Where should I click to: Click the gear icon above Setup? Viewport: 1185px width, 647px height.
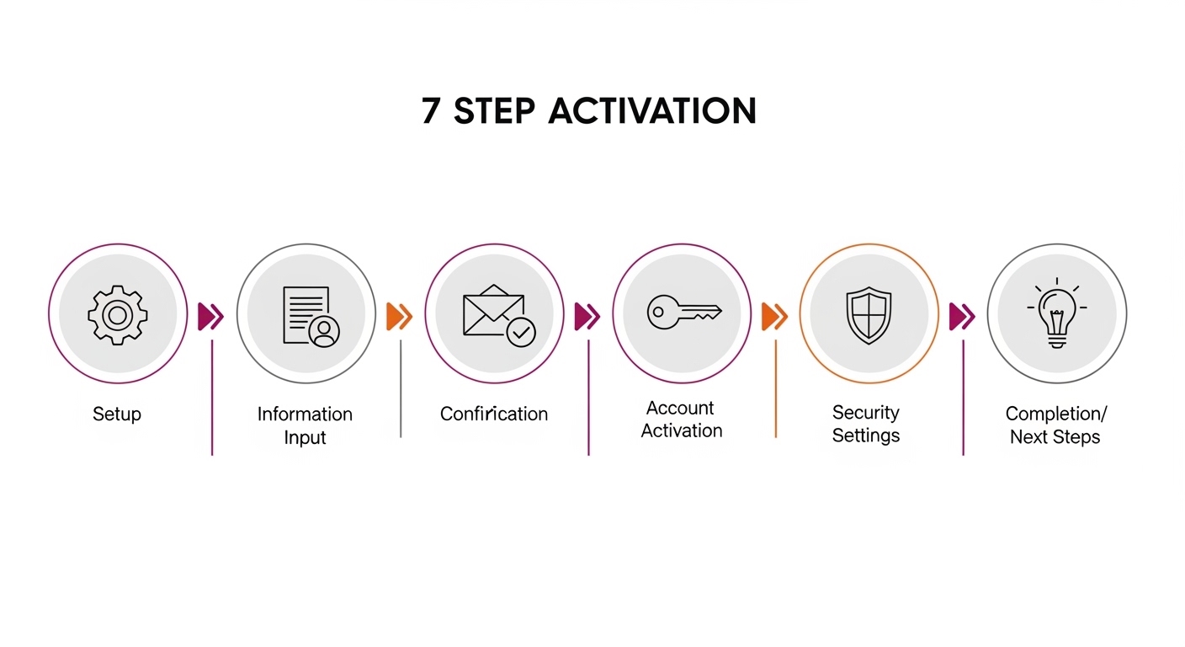click(118, 315)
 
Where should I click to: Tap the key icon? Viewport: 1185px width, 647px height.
click(683, 313)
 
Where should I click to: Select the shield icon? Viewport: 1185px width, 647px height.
click(868, 315)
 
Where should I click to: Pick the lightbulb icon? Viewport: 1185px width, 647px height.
click(1056, 315)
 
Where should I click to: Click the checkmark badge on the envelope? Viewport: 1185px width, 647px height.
click(521, 333)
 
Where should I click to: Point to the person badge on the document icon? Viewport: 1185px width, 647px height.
click(323, 331)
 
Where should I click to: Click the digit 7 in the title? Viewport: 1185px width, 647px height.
click(431, 111)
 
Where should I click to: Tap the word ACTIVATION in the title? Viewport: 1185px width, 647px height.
click(652, 111)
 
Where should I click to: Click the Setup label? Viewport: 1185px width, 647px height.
click(117, 414)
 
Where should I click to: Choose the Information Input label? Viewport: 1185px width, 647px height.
click(305, 425)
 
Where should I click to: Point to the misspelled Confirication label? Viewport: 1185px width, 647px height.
click(494, 414)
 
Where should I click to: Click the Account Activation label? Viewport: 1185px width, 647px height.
click(682, 419)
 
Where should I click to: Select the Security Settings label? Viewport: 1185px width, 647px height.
click(866, 424)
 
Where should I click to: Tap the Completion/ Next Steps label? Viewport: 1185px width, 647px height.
click(1055, 425)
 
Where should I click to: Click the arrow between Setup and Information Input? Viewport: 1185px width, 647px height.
click(210, 316)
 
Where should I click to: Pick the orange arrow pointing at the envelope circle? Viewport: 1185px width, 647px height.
click(399, 316)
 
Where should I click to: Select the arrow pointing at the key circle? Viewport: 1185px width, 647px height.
click(587, 316)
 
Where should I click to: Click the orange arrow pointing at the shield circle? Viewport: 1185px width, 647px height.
click(774, 316)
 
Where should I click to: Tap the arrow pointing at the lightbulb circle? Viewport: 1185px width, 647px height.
click(962, 316)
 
